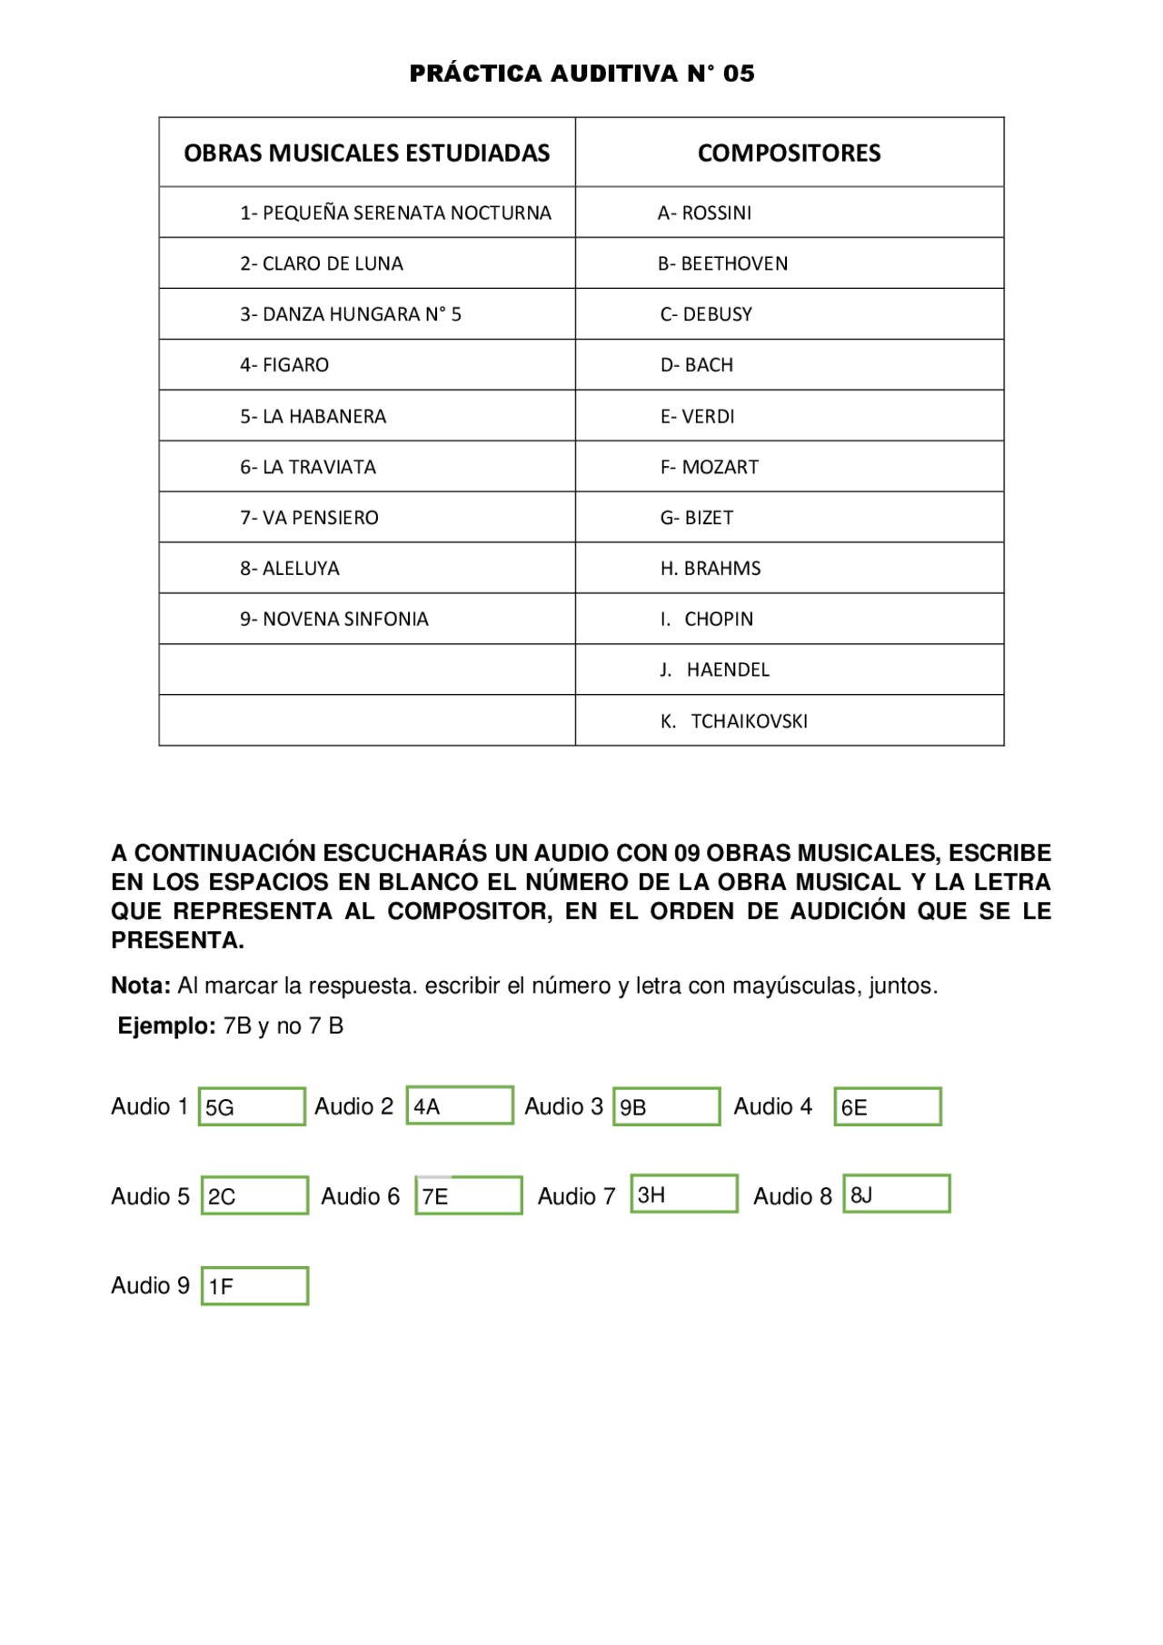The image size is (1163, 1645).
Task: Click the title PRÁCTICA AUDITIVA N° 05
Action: click(x=581, y=74)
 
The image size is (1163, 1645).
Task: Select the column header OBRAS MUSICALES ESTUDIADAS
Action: click(x=366, y=153)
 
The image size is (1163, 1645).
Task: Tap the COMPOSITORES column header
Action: click(x=789, y=153)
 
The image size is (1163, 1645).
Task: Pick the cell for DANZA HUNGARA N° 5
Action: click(x=351, y=314)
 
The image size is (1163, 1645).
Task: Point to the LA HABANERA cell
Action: click(x=313, y=416)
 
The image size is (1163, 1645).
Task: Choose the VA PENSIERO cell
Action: click(x=310, y=518)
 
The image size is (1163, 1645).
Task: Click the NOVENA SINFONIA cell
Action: click(x=334, y=619)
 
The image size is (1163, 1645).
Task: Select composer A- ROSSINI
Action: click(x=705, y=213)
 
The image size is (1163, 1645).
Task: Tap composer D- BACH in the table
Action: click(x=697, y=365)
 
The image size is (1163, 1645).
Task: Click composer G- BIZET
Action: click(x=697, y=518)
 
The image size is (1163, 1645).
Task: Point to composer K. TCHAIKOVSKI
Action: click(x=734, y=721)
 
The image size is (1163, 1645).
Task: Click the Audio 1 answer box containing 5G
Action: click(x=252, y=1106)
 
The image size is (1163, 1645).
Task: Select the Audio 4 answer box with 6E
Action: click(x=888, y=1106)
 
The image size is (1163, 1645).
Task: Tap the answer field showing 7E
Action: click(x=469, y=1195)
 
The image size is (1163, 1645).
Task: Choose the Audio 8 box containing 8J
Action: click(x=897, y=1194)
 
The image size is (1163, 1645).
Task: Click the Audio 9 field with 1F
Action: click(x=254, y=1285)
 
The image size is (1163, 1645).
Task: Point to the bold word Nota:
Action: click(x=141, y=986)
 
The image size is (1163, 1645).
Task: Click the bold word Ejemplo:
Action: click(x=167, y=1026)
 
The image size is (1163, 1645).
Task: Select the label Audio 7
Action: click(x=576, y=1196)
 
